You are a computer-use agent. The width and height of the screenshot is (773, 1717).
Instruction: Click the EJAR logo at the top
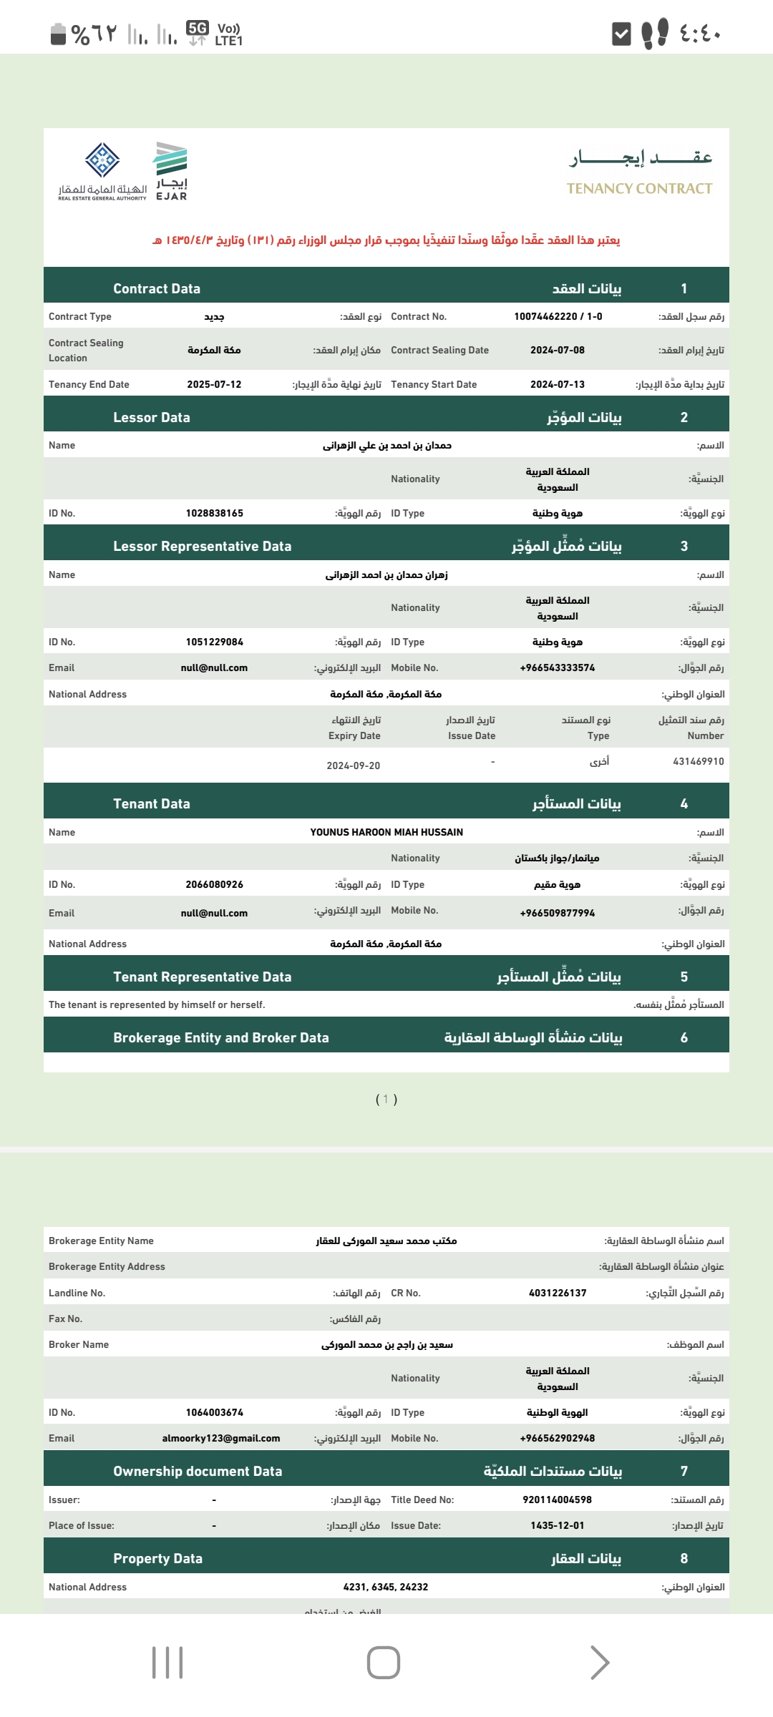click(172, 170)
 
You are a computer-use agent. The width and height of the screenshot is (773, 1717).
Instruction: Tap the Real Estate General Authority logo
click(102, 170)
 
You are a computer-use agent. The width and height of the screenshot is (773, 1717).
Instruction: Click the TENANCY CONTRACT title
click(639, 188)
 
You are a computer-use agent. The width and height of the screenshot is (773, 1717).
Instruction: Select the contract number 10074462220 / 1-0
click(558, 316)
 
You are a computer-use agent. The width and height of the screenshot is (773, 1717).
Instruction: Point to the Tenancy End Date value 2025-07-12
click(214, 384)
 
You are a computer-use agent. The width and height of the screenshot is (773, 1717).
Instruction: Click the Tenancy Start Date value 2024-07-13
click(557, 384)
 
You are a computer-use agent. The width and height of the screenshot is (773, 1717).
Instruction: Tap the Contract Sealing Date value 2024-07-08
click(557, 350)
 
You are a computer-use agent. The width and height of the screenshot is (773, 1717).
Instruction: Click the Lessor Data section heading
click(152, 417)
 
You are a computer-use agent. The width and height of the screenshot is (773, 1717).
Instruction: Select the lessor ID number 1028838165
click(214, 513)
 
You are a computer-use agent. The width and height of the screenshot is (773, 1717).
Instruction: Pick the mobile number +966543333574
click(557, 667)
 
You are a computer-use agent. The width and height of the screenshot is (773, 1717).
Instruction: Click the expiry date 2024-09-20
click(353, 765)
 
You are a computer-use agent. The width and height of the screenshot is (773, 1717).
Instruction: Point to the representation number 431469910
click(698, 761)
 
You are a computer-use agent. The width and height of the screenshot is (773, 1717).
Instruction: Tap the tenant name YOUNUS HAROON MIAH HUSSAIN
click(386, 832)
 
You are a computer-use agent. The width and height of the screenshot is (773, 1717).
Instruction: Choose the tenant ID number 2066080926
click(214, 884)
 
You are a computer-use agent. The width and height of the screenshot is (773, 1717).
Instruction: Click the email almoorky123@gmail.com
click(220, 1438)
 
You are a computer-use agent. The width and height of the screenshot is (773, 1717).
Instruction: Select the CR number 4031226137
click(557, 1293)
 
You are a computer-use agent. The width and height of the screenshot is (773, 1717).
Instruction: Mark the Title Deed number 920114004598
click(557, 1500)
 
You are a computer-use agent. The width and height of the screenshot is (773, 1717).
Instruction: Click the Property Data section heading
click(157, 1558)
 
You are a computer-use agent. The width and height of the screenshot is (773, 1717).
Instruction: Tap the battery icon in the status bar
click(58, 33)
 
